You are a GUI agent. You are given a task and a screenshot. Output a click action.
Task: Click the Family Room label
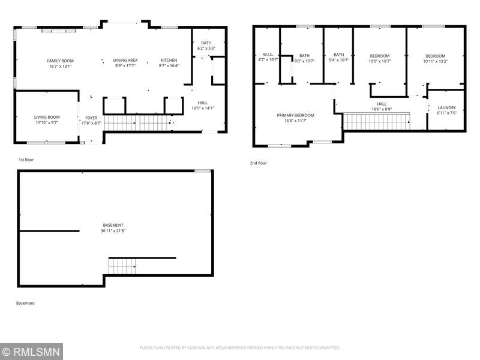click(x=60, y=61)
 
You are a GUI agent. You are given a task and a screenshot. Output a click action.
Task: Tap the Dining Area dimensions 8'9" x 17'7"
click(x=125, y=67)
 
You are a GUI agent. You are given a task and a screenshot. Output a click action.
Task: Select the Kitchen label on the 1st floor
click(x=169, y=61)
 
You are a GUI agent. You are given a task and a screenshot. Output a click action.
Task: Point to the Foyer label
click(x=91, y=118)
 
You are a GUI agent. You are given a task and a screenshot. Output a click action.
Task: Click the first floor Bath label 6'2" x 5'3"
click(x=206, y=43)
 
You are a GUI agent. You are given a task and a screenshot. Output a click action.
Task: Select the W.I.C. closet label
click(x=268, y=55)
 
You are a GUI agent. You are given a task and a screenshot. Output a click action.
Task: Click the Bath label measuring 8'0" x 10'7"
click(x=305, y=55)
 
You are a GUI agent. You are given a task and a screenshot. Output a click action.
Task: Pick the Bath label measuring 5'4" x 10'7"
click(x=339, y=55)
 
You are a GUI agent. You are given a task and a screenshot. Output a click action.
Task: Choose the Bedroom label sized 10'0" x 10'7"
click(x=379, y=55)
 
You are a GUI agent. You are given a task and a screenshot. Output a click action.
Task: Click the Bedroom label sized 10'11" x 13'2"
click(x=435, y=56)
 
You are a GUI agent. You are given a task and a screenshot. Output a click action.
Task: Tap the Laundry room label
click(x=446, y=107)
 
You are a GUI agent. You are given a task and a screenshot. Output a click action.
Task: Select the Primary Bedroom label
click(x=295, y=115)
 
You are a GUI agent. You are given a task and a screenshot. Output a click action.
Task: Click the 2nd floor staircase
click(x=376, y=122)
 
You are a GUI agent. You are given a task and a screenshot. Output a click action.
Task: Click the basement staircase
click(x=122, y=265)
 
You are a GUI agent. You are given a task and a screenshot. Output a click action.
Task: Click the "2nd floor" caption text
click(x=259, y=163)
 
